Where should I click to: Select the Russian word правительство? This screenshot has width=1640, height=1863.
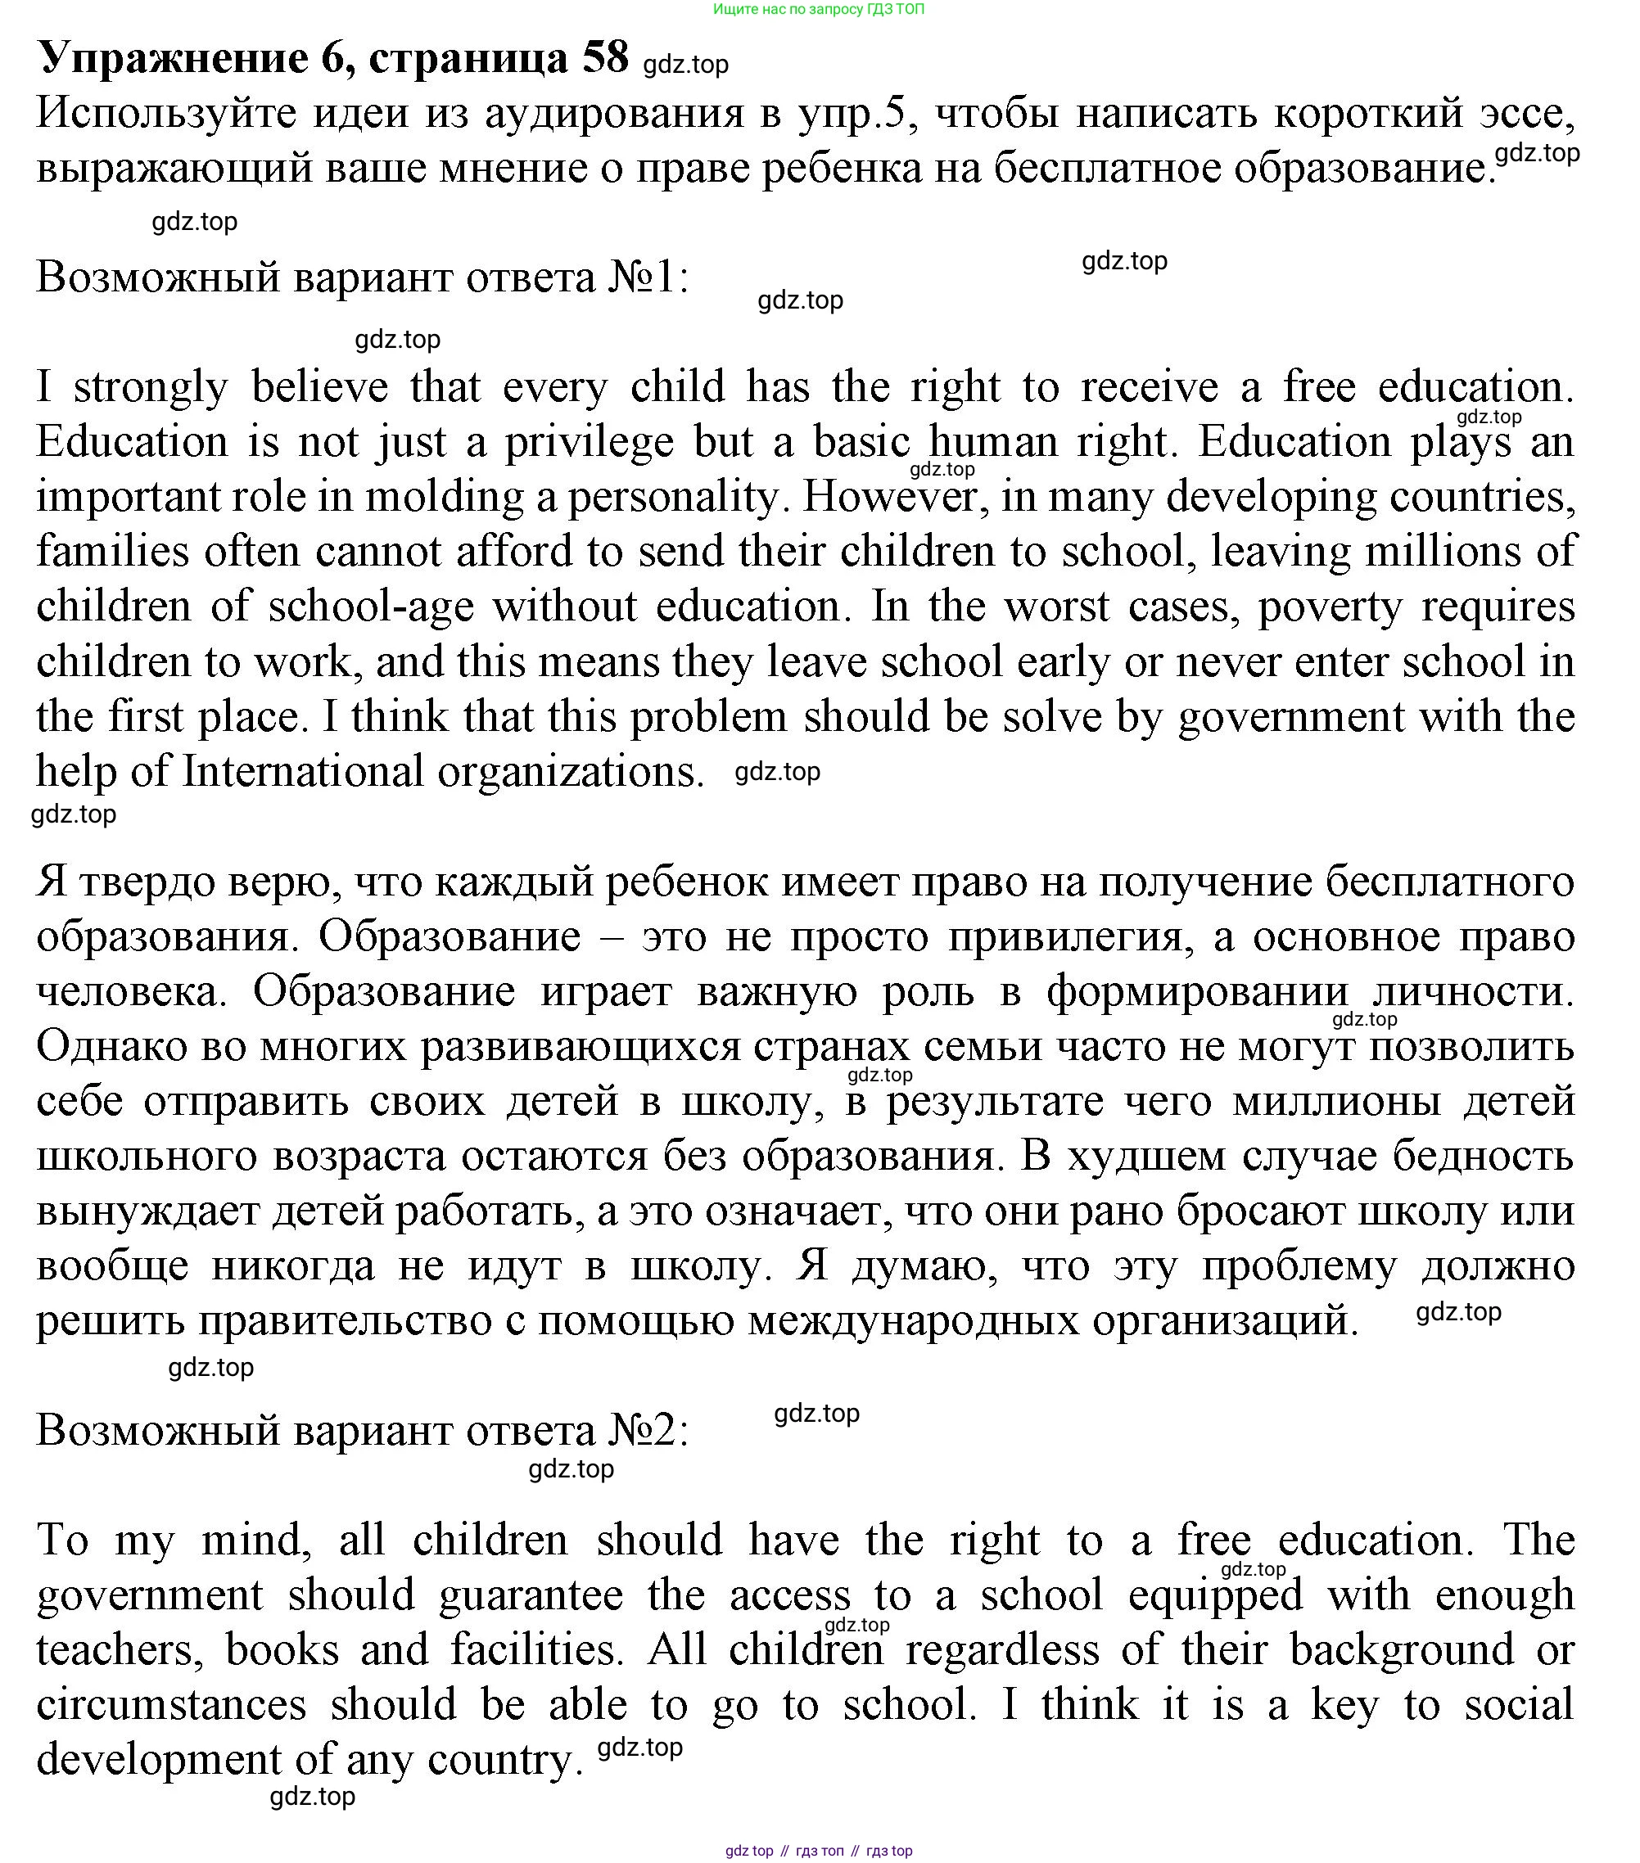click(x=346, y=1320)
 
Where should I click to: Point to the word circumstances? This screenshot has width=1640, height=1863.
click(x=170, y=1705)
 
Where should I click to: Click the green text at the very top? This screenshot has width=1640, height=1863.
click(x=818, y=9)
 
